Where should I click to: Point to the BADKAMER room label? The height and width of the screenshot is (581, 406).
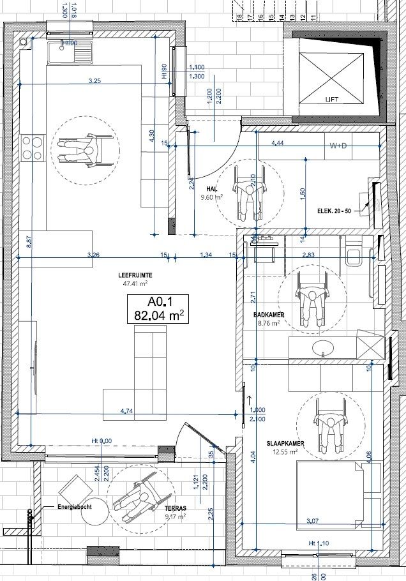tap(268, 315)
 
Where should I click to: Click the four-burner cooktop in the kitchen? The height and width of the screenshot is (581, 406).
tap(33, 148)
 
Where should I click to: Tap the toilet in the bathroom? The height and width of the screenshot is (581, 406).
tap(353, 257)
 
